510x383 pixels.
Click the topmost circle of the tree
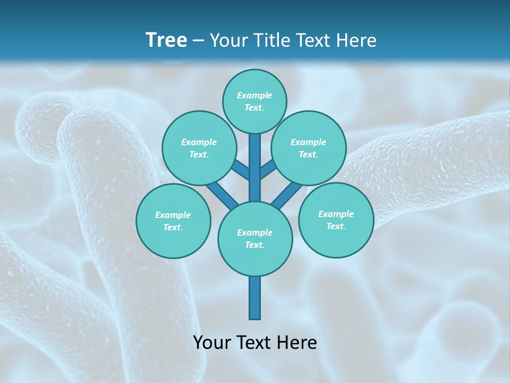(x=254, y=101)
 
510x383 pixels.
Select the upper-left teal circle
(x=199, y=148)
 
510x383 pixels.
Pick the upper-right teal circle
(x=309, y=148)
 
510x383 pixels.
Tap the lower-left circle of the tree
(x=173, y=221)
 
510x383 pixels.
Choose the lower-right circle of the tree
(x=336, y=220)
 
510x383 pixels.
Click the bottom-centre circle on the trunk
(x=255, y=238)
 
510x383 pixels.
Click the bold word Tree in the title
(x=166, y=40)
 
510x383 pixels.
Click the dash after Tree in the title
(x=199, y=40)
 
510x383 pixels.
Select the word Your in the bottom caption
(x=212, y=343)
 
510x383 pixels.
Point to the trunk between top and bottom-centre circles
(x=255, y=168)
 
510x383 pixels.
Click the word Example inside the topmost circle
(x=254, y=95)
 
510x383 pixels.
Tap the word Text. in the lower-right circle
(x=336, y=226)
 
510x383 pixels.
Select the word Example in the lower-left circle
(x=173, y=215)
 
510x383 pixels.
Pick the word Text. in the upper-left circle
(x=199, y=154)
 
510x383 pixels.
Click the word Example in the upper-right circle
(x=309, y=142)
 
